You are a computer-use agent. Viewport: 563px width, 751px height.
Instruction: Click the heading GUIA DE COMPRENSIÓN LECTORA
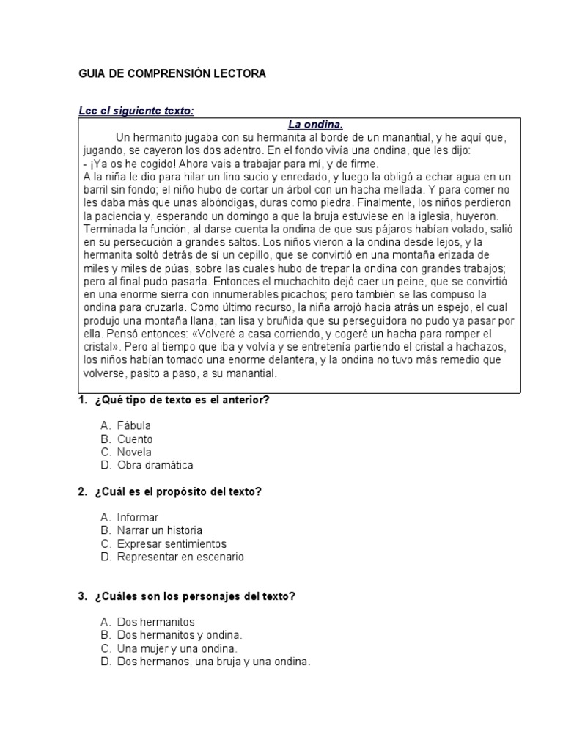[x=172, y=74]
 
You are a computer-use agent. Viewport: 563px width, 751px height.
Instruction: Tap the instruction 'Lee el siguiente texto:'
[x=136, y=111]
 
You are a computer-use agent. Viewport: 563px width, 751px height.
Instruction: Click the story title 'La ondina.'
[x=314, y=125]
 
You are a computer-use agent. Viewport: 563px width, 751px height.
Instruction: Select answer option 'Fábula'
[x=134, y=425]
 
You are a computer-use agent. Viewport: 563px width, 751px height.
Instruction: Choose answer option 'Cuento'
[x=135, y=439]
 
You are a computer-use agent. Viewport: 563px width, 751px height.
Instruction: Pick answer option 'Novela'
[x=134, y=452]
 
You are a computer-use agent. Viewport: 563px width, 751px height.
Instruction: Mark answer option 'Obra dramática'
[x=155, y=465]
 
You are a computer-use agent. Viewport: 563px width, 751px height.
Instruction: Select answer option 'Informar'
[x=138, y=517]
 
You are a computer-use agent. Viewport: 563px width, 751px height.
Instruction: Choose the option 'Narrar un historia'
[x=160, y=530]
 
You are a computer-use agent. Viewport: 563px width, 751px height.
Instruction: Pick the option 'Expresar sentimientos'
[x=172, y=543]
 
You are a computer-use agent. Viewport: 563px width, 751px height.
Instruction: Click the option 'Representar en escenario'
[x=180, y=557]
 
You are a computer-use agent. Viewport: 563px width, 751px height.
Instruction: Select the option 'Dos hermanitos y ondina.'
[x=180, y=635]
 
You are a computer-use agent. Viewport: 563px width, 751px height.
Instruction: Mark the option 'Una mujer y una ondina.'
[x=177, y=648]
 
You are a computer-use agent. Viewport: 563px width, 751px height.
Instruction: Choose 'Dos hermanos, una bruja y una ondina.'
[x=214, y=662]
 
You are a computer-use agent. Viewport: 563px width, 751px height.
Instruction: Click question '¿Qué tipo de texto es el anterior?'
[x=182, y=400]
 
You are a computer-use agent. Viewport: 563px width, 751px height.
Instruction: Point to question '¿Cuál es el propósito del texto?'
[x=178, y=491]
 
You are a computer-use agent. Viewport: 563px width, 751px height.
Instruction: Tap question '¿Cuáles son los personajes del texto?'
[x=194, y=596]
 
